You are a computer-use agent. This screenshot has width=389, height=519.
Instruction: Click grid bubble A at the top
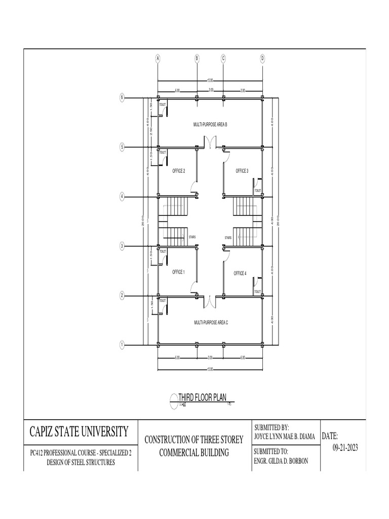click(x=158, y=58)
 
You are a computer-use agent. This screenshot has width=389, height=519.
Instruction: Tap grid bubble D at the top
click(x=262, y=58)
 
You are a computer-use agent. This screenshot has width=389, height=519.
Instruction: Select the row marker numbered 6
click(x=122, y=98)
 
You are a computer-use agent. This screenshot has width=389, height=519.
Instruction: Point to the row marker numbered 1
click(x=122, y=345)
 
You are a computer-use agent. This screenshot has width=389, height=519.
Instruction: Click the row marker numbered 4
click(x=122, y=197)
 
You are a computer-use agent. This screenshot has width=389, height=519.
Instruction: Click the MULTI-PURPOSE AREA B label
click(x=210, y=124)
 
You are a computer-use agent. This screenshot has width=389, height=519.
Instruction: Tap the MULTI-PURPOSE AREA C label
click(x=211, y=322)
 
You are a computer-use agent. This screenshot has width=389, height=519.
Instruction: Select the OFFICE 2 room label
click(x=179, y=171)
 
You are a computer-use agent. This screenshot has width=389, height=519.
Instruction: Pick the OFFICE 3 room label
click(x=242, y=171)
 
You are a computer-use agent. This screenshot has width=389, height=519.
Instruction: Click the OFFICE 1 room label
click(x=178, y=272)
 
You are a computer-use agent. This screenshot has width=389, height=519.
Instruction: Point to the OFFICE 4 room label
click(x=240, y=274)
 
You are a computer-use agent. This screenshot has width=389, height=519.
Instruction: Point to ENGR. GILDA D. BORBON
click(x=282, y=461)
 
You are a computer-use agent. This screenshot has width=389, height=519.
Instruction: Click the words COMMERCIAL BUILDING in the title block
click(x=194, y=453)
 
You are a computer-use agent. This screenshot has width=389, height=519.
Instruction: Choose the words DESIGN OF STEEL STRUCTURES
click(x=81, y=462)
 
